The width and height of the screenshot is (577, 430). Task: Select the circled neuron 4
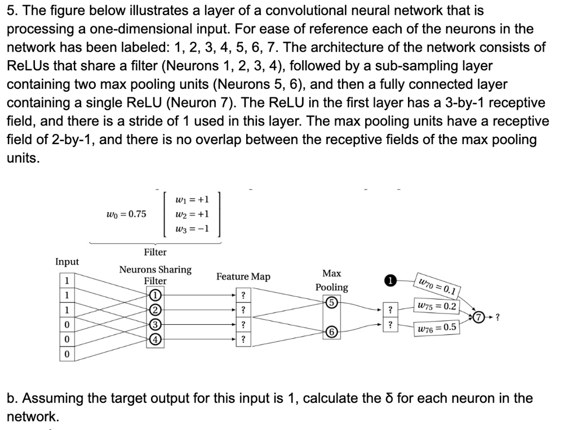155,339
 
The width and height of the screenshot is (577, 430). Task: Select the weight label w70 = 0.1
437,285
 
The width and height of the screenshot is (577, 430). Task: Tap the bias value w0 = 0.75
126,214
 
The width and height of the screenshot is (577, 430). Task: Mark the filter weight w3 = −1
192,229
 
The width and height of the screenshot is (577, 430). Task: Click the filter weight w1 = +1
192,199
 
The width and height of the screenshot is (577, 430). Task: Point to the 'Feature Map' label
243,276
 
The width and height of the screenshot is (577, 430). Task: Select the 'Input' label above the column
67,262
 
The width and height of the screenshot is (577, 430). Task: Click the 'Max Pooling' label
331,280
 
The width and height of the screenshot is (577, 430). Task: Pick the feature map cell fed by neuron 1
243,296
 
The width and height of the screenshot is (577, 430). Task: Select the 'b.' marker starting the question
11,398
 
